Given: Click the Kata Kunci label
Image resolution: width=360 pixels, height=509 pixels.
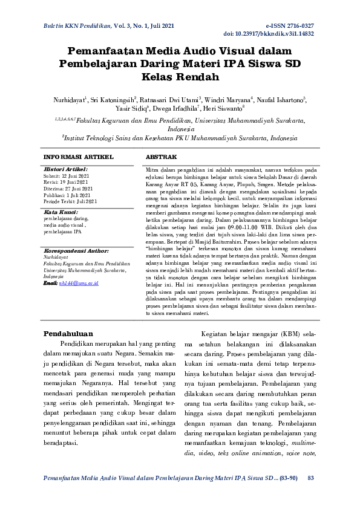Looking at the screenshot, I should (61, 213).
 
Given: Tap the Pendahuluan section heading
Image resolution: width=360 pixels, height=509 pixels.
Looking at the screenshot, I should (70, 333).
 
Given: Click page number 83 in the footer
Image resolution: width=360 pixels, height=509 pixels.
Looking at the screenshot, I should (311, 478).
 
